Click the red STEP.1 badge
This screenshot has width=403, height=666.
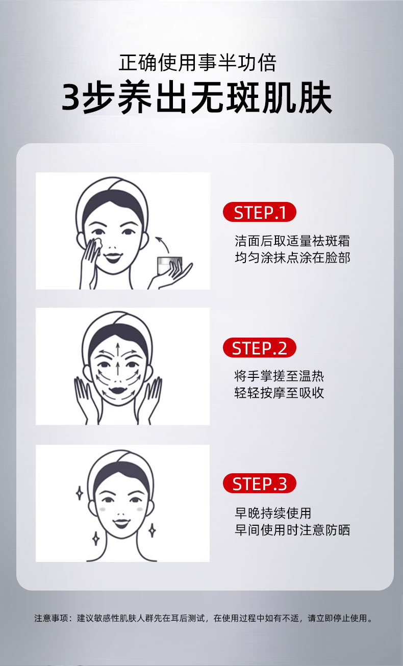click(x=259, y=212)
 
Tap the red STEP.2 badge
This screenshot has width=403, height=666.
click(x=259, y=348)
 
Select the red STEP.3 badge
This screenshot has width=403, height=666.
click(x=259, y=483)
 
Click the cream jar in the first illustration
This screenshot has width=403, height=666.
click(x=168, y=265)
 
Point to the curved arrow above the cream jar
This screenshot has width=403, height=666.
click(x=163, y=243)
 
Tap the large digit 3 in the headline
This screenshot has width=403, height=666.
click(x=71, y=97)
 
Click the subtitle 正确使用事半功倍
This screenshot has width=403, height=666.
click(x=197, y=62)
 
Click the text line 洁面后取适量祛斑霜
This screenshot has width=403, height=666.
click(x=292, y=241)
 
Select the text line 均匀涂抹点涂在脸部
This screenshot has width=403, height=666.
click(x=292, y=258)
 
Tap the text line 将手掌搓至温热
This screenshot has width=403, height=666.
click(x=279, y=376)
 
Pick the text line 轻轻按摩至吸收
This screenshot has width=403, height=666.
click(x=279, y=393)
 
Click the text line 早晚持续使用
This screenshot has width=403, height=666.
click(x=273, y=513)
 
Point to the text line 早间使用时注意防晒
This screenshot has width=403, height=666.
click(x=292, y=530)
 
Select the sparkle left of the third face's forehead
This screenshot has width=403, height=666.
click(x=80, y=493)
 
